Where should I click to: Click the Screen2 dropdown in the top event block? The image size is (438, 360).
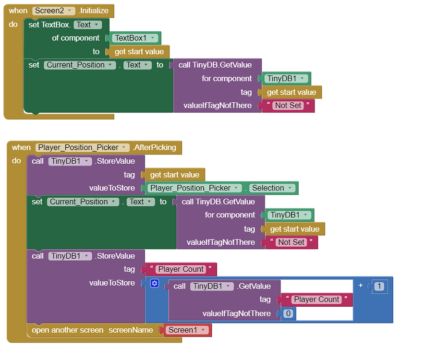coord(54,11)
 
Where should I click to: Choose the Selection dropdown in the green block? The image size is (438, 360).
coord(271,188)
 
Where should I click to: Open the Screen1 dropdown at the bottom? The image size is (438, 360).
coord(188,330)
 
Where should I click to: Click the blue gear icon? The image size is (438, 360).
coord(154,283)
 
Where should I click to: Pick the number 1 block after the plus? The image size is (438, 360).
coord(379,286)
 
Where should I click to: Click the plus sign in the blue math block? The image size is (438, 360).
coord(360,286)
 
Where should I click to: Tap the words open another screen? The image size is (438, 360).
coord(67,330)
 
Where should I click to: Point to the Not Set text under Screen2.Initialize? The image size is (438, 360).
coord(288,106)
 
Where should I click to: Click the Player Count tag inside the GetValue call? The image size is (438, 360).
coord(316,300)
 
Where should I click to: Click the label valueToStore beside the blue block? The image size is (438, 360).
coord(112,283)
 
